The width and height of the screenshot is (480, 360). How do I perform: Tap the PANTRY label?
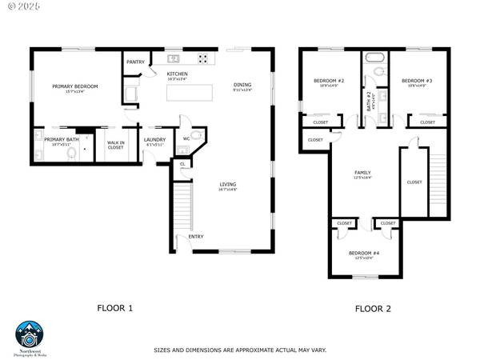tap(135, 62)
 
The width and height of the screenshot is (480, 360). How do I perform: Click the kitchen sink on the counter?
tap(173, 58)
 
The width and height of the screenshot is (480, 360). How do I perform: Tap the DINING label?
tap(242, 85)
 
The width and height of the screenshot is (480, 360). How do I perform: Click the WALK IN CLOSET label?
tap(115, 145)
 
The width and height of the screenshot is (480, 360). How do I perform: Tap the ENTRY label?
tap(195, 237)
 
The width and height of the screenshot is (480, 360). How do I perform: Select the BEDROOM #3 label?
tap(417, 81)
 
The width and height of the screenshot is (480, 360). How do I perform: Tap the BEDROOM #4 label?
tap(364, 253)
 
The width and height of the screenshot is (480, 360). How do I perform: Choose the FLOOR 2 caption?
tap(373, 308)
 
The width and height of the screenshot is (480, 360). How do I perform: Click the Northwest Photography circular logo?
tap(29, 334)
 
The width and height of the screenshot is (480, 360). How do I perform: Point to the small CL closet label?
tap(182, 165)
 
